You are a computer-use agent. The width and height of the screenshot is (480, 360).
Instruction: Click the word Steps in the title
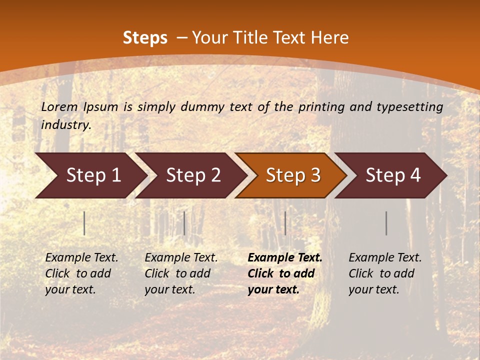(145, 38)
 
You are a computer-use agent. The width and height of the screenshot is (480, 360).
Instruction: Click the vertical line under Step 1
(84, 223)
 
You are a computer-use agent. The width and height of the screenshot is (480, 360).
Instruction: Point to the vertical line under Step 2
(184, 223)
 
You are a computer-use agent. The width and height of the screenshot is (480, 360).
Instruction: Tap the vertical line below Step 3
(285, 223)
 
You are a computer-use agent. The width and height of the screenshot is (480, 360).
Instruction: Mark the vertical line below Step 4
(386, 223)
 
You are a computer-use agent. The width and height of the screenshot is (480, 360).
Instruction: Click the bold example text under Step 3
(284, 273)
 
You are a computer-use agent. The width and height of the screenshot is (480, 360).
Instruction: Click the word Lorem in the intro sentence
(59, 106)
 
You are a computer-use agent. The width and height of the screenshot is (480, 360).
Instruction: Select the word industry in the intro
(65, 125)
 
